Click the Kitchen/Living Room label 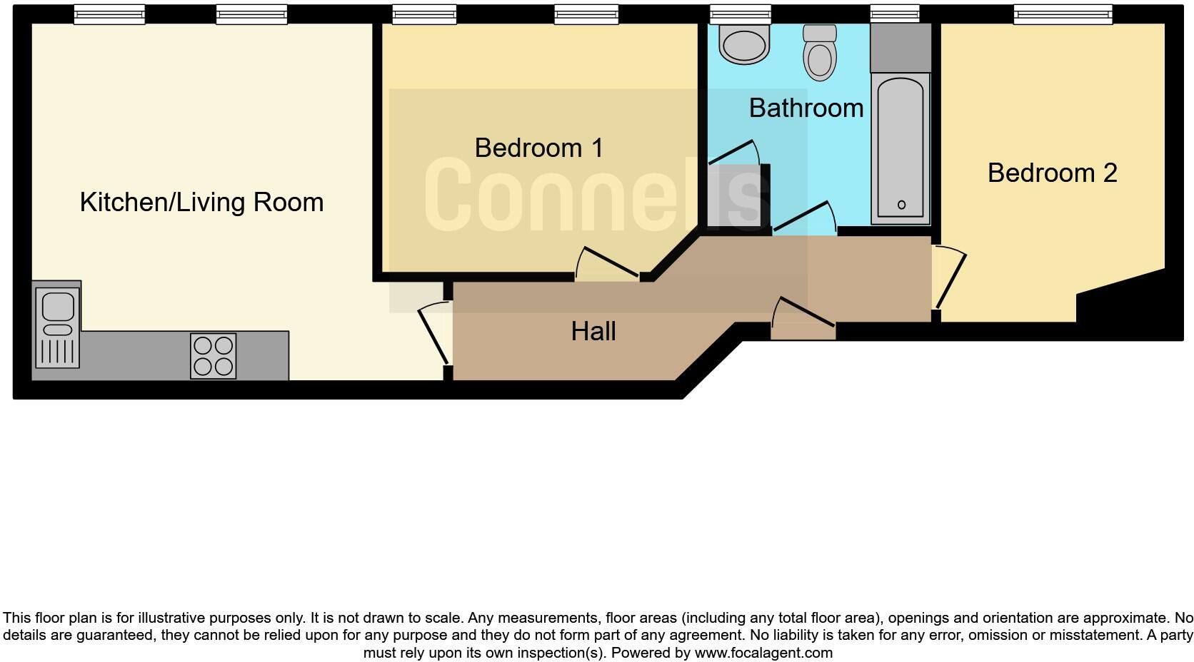point(201,202)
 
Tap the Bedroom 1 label point(539,148)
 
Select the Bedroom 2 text point(1052,173)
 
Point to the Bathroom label point(806,108)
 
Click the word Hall point(593,331)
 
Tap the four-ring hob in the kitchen point(214,356)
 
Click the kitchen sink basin point(57,307)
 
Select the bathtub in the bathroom point(900,146)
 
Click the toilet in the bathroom point(820,54)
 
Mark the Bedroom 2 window point(1063,14)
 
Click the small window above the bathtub point(894,14)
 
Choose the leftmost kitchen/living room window point(109,14)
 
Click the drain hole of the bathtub point(901,205)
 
